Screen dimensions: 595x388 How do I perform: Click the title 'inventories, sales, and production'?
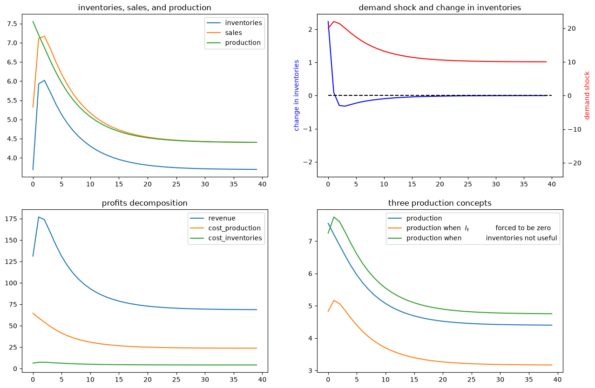tap(144, 8)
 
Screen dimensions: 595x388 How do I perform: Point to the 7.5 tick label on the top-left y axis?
tap(12, 24)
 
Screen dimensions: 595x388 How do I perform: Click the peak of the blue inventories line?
tap(44, 80)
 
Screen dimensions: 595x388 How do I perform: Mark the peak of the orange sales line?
tap(44, 36)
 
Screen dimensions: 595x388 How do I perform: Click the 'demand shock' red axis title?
tap(587, 95)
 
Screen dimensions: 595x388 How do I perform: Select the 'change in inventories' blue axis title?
tap(297, 95)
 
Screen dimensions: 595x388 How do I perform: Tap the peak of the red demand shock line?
tap(334, 21)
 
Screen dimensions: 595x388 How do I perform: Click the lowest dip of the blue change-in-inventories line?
tap(345, 106)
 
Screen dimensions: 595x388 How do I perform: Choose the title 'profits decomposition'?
tap(144, 203)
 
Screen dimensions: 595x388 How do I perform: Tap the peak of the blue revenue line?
tap(39, 217)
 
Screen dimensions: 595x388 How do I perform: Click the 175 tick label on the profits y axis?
tap(11, 219)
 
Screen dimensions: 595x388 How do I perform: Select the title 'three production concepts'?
tap(439, 203)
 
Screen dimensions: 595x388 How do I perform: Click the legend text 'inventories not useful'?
tap(521, 238)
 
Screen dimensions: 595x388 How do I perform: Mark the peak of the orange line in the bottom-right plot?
tap(334, 301)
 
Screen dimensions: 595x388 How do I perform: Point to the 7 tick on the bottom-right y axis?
tap(310, 241)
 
